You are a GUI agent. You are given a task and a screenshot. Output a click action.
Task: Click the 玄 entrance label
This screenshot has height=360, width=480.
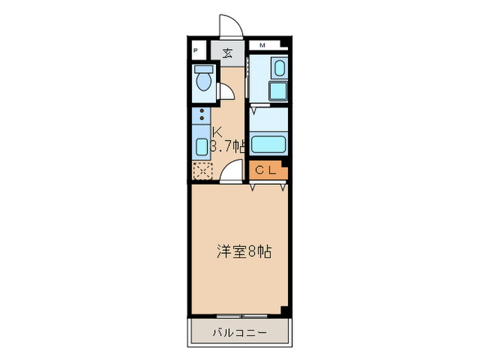(226, 52)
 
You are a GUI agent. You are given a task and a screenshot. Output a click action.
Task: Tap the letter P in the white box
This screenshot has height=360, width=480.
(196, 51)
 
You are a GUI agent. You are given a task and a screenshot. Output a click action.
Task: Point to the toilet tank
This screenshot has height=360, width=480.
(203, 69)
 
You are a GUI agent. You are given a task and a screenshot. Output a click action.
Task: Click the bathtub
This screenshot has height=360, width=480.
(267, 145)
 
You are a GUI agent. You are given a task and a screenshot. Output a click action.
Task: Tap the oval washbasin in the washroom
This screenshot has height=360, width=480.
(278, 69)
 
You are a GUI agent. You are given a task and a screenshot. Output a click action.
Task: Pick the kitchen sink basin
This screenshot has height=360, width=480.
(202, 146)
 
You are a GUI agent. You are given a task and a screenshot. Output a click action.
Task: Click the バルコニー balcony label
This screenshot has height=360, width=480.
(239, 333)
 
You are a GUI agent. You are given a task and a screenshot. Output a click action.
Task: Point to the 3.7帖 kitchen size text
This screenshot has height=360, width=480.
(228, 145)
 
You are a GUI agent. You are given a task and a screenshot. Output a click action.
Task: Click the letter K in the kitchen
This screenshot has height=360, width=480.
(217, 132)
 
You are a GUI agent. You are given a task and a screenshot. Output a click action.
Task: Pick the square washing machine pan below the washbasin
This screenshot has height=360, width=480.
(278, 93)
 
